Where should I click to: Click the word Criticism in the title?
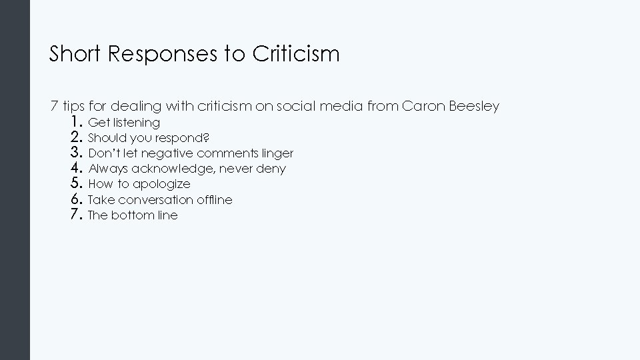pos(296,54)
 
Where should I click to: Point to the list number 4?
pos(75,169)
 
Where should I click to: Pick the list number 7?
pos(75,215)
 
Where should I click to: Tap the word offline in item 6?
pos(215,199)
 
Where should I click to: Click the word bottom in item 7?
pos(131,215)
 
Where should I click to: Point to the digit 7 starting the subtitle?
pos(54,107)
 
